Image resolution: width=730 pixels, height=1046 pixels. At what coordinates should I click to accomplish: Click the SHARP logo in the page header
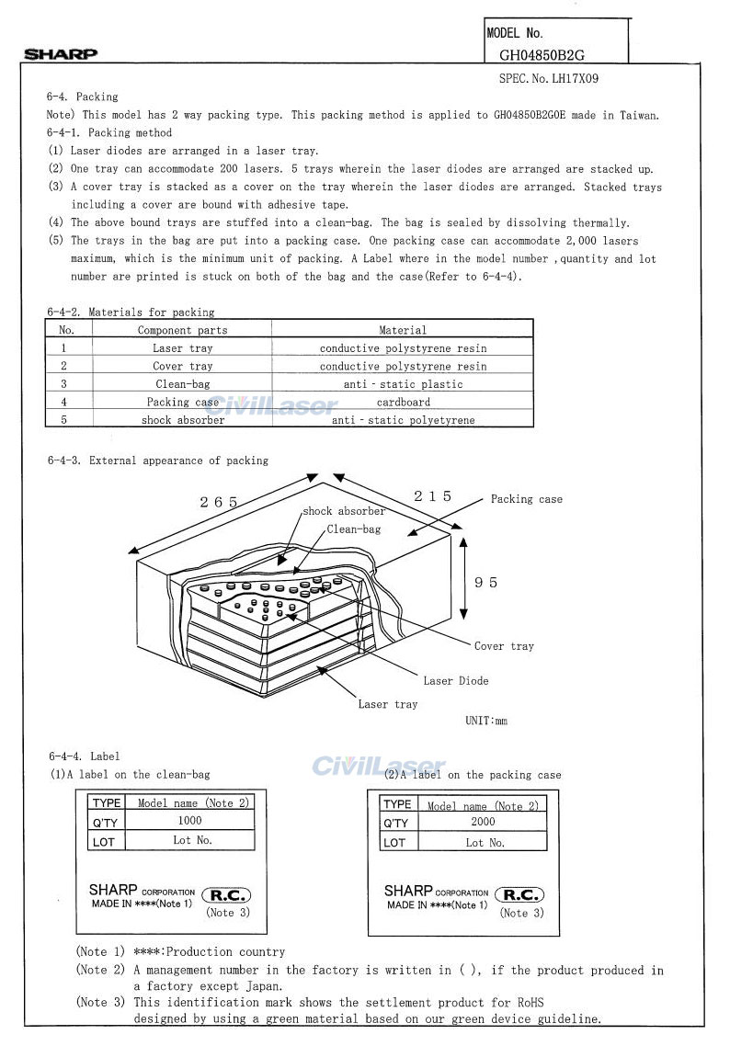tap(61, 54)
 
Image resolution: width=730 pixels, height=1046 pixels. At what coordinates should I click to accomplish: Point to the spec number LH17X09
tap(549, 79)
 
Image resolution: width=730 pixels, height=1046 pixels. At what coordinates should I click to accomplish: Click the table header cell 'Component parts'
tap(182, 330)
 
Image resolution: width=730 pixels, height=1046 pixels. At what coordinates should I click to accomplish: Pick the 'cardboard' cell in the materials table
tap(403, 402)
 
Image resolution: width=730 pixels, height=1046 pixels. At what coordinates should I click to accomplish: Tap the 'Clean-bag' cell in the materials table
tap(182, 384)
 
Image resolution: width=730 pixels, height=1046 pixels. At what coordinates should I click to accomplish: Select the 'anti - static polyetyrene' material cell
tap(403, 420)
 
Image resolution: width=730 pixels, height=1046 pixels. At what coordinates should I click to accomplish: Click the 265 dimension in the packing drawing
tap(219, 502)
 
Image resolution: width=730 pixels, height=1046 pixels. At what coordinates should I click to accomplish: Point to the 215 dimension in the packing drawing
tap(432, 496)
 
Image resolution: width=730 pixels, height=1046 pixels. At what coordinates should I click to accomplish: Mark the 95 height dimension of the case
tap(486, 583)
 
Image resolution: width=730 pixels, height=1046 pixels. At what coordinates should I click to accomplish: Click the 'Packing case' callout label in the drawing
tap(526, 499)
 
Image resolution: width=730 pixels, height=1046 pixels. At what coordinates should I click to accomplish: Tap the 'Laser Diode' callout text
tap(456, 681)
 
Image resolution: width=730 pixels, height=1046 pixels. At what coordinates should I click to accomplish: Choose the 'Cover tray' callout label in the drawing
tap(504, 646)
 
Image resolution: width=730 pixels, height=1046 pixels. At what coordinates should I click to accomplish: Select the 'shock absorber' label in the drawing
tap(344, 511)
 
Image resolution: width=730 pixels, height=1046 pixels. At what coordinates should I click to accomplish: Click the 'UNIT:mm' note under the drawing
tap(486, 721)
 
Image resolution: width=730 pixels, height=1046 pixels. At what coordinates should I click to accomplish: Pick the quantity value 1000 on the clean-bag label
tap(189, 821)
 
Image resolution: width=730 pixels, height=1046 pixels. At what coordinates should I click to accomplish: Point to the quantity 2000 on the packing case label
tap(482, 822)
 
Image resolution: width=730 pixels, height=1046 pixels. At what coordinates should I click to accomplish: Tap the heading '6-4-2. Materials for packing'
tap(131, 313)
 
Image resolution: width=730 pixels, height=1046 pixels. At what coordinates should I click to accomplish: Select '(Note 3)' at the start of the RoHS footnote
tap(100, 1001)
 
